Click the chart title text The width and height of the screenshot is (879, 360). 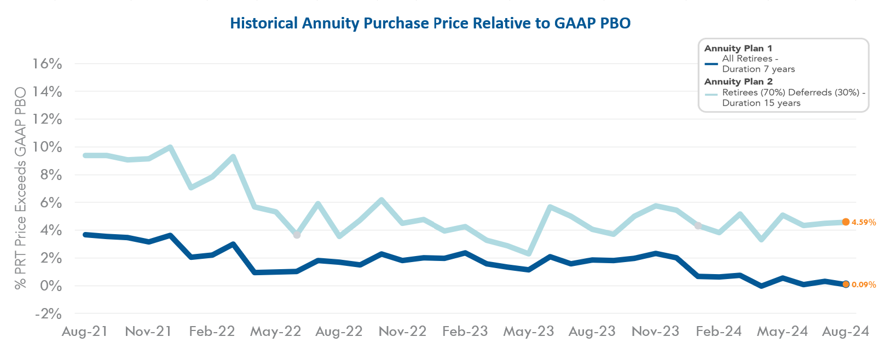pyautogui.click(x=430, y=24)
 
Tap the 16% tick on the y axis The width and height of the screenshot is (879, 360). pyautogui.click(x=47, y=64)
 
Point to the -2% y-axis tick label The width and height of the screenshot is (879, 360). pyautogui.click(x=48, y=314)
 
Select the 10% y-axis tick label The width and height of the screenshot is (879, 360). pyautogui.click(x=47, y=147)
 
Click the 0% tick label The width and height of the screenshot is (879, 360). pyautogui.click(x=51, y=286)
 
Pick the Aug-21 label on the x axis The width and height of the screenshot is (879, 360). pyautogui.click(x=85, y=332)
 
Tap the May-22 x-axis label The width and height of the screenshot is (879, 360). pyautogui.click(x=275, y=332)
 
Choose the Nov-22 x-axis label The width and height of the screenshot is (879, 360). pyautogui.click(x=402, y=332)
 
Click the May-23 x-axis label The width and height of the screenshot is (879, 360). pyautogui.click(x=529, y=332)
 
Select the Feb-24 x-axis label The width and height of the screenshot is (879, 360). pyautogui.click(x=719, y=332)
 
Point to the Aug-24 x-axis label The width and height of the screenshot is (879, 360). pyautogui.click(x=846, y=332)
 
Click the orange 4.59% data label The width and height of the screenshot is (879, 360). pyautogui.click(x=864, y=223)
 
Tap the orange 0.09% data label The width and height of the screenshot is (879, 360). pyautogui.click(x=864, y=285)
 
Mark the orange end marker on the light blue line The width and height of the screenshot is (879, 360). pyautogui.click(x=846, y=222)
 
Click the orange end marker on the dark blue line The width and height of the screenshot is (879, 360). pyautogui.click(x=846, y=284)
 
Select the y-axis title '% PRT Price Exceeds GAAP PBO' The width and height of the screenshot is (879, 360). pyautogui.click(x=21, y=188)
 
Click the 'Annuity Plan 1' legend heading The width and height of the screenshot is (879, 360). pyautogui.click(x=738, y=49)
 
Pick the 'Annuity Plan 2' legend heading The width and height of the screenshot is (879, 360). pyautogui.click(x=738, y=82)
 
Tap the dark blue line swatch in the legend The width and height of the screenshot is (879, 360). pyautogui.click(x=711, y=64)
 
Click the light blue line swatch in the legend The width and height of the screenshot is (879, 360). pyautogui.click(x=711, y=94)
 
